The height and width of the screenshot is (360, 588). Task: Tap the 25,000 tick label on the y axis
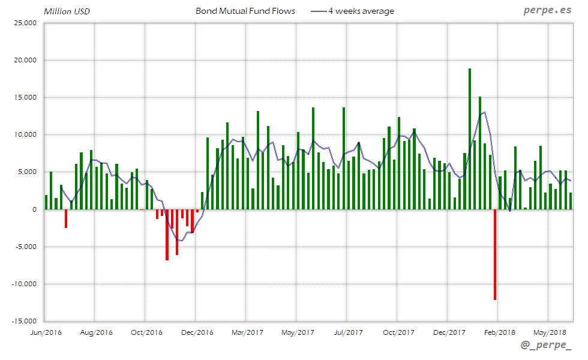tap(25, 23)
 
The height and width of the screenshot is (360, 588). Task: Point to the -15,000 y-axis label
tap(24, 321)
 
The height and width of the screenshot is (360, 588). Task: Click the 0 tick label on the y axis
tap(34, 209)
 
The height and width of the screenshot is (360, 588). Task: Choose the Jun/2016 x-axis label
tap(46, 332)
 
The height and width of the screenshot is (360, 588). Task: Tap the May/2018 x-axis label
tap(550, 332)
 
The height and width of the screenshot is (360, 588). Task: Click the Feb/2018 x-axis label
tap(500, 332)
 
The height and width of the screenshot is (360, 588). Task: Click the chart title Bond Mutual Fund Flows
tap(245, 11)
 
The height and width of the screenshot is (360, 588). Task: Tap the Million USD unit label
tap(67, 11)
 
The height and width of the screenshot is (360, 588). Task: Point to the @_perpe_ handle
tap(547, 346)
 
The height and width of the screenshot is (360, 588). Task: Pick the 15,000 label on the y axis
tap(25, 98)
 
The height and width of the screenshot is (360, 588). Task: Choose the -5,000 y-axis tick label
tap(25, 247)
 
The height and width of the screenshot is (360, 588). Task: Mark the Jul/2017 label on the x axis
tap(348, 332)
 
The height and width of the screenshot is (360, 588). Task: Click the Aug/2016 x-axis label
tap(96, 332)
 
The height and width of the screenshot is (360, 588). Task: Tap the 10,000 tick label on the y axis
tap(25, 135)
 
